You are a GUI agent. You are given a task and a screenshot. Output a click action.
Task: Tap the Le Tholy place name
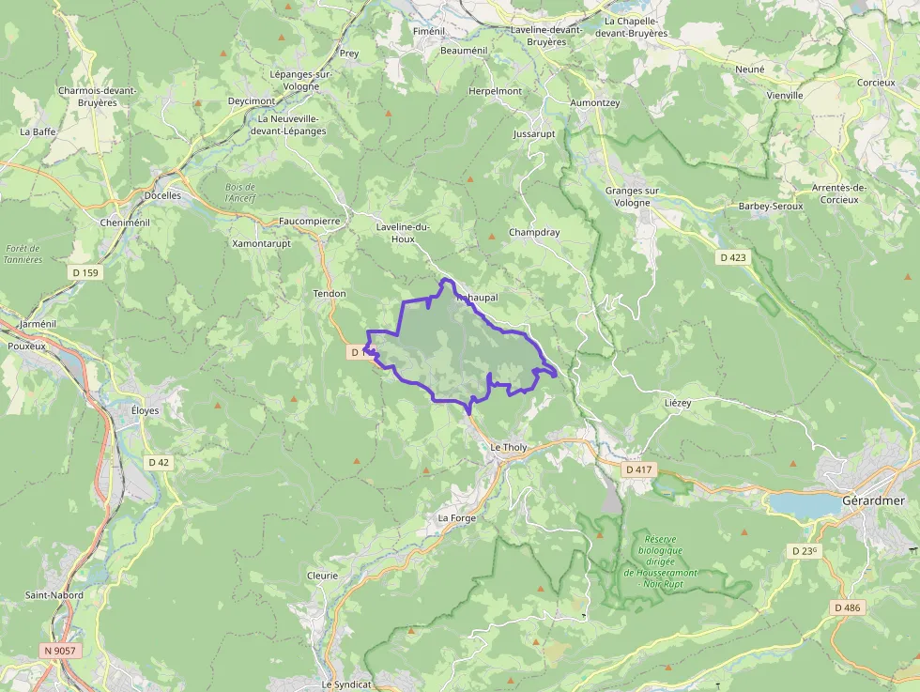(x=509, y=448)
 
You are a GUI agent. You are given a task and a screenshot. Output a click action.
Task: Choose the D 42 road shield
(x=159, y=462)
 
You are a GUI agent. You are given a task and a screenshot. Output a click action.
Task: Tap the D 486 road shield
(x=846, y=607)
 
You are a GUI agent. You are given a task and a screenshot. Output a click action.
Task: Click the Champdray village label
(x=534, y=232)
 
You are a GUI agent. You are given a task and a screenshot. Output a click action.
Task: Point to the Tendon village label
(x=330, y=294)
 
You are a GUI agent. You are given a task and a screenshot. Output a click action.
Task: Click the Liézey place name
(x=677, y=403)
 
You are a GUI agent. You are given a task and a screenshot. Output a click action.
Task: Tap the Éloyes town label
(x=146, y=410)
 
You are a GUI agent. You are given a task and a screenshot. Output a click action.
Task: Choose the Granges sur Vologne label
(x=633, y=196)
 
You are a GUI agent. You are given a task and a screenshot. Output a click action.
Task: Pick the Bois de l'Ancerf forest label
(x=240, y=192)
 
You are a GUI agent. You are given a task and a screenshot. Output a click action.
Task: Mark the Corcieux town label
(x=875, y=83)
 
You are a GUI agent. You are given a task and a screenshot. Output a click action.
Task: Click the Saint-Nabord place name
(x=54, y=595)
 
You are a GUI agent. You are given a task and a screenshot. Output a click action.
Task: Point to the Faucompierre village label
(x=309, y=222)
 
